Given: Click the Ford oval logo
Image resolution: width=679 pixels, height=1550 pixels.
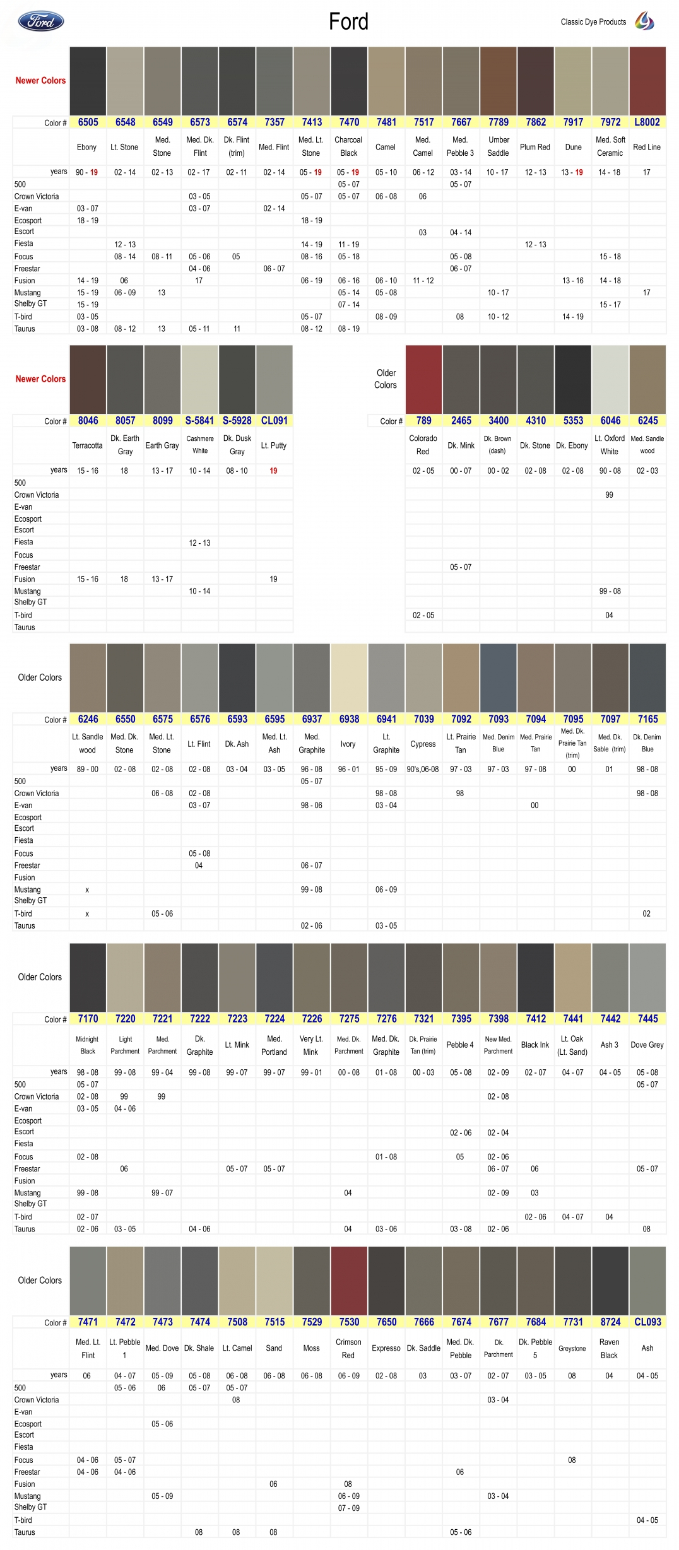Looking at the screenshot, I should [x=41, y=21].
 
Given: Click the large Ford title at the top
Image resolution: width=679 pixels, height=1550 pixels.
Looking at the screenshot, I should [x=348, y=22].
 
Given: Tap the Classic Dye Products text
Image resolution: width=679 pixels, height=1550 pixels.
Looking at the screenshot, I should [x=593, y=22].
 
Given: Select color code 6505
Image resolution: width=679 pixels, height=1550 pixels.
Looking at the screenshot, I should [x=88, y=122].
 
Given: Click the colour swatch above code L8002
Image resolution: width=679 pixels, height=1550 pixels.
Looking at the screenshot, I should [x=647, y=81].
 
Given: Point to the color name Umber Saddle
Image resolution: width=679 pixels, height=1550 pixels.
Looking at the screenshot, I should [x=499, y=146].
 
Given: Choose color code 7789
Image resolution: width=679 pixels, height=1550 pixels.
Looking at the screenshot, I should [x=499, y=122].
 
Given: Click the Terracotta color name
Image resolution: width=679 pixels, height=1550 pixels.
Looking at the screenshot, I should [x=87, y=445].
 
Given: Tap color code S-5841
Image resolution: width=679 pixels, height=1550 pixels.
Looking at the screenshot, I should [x=199, y=421].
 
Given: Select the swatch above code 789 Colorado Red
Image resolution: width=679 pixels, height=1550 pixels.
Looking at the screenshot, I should [x=423, y=379].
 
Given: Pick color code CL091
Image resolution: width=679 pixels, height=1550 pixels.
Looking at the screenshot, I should [x=275, y=421].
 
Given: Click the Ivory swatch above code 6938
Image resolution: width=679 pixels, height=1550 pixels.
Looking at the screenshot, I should [x=349, y=678].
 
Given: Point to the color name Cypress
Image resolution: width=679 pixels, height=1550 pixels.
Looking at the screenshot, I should [x=423, y=744].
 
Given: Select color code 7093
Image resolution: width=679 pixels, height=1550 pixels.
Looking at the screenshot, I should [x=499, y=719].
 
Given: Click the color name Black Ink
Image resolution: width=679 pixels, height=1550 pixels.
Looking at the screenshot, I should [x=535, y=1045].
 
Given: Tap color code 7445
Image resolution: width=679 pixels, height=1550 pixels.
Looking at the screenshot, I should [x=647, y=1019].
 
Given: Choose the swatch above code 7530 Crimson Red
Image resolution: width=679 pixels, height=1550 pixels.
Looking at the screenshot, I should [x=349, y=1281].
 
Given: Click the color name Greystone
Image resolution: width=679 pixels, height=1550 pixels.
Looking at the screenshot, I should [x=572, y=1348].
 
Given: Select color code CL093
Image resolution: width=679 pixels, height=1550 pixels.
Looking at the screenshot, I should [x=647, y=1322].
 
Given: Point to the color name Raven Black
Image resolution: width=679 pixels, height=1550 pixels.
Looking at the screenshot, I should [x=610, y=1348].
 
